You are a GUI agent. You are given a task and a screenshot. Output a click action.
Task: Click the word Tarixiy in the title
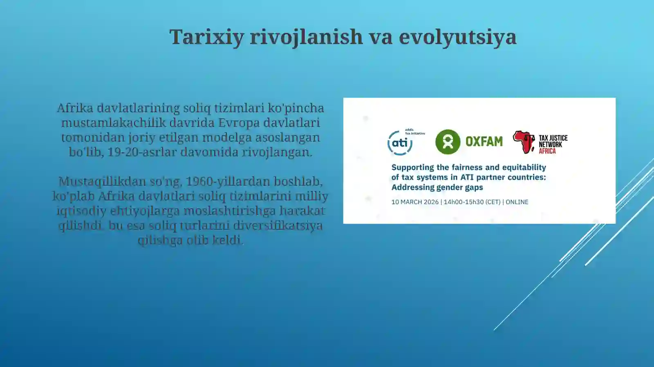click(x=206, y=37)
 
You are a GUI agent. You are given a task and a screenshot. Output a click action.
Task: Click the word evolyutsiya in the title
click(x=457, y=37)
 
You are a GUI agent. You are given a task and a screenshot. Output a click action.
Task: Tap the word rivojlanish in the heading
click(x=306, y=37)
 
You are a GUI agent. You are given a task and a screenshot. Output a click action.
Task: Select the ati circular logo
click(x=400, y=143)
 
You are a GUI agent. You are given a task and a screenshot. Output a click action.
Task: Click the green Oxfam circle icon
click(x=448, y=142)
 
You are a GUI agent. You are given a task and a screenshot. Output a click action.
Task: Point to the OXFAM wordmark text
click(x=484, y=142)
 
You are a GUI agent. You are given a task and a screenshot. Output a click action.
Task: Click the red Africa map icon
click(x=523, y=142)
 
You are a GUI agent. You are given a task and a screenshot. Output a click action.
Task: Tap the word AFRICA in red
click(x=547, y=151)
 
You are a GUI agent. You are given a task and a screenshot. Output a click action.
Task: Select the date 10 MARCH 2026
click(x=414, y=202)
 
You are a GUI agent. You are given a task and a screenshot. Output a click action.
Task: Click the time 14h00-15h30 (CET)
click(x=472, y=202)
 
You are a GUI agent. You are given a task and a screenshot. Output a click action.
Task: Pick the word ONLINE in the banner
click(x=517, y=202)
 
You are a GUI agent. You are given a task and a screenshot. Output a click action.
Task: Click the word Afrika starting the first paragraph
click(x=75, y=108)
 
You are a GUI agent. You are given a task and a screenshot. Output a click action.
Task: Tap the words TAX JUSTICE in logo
click(x=553, y=138)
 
